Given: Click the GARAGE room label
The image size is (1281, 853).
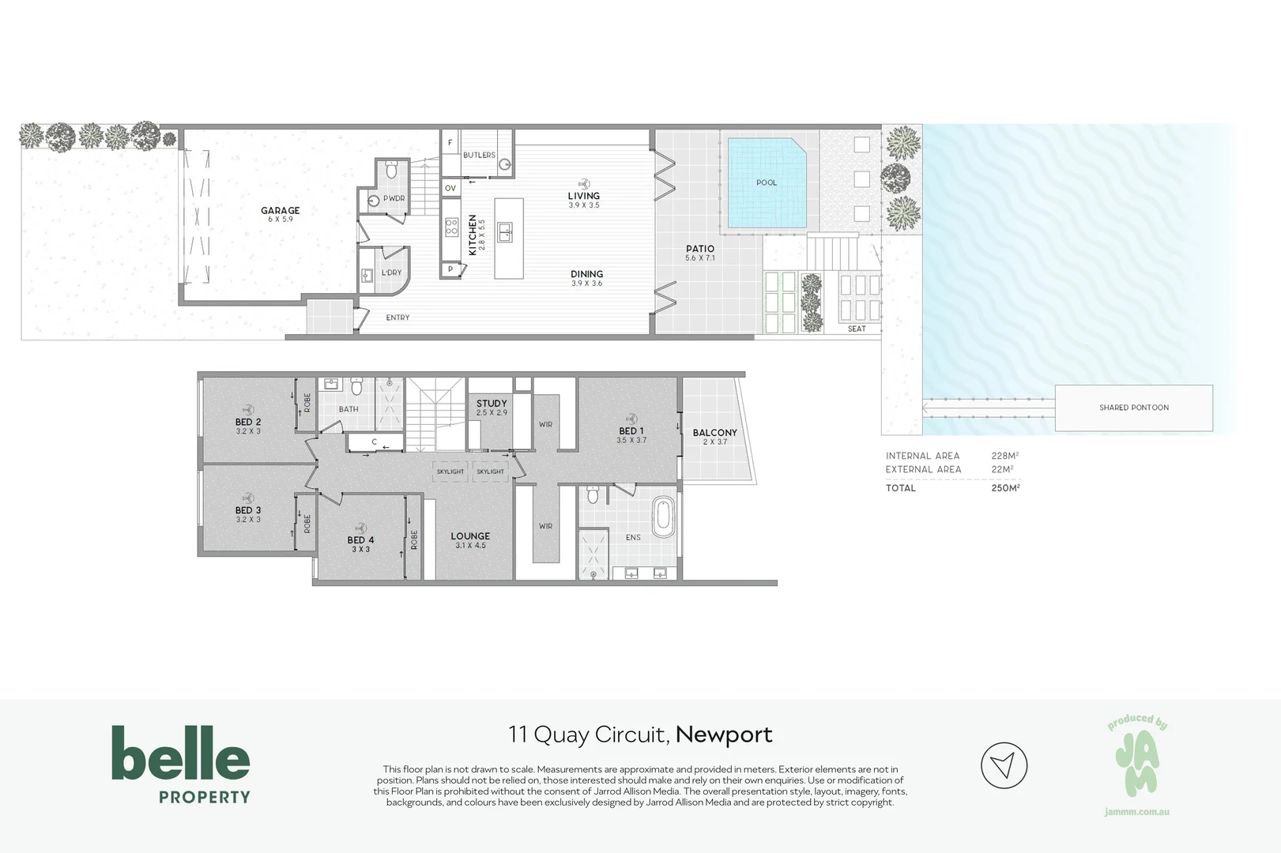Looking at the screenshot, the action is pyautogui.click(x=281, y=210).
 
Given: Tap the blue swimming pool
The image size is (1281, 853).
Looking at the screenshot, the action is pyautogui.click(x=767, y=183).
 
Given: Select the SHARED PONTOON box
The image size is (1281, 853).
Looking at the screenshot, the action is pyautogui.click(x=1133, y=408).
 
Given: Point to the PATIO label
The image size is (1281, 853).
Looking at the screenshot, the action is pyautogui.click(x=700, y=249).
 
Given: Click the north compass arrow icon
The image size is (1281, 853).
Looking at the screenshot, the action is pyautogui.click(x=1004, y=765).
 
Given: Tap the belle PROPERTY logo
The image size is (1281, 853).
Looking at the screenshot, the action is pyautogui.click(x=181, y=765).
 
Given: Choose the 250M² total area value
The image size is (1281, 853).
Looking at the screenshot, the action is pyautogui.click(x=1005, y=487).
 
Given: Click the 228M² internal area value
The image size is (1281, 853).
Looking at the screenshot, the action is pyautogui.click(x=1004, y=456).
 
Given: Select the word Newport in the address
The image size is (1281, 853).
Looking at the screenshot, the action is pyautogui.click(x=724, y=735).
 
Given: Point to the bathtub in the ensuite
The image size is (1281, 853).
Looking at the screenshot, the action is pyautogui.click(x=663, y=517).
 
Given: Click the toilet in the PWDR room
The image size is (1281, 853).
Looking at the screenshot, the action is pyautogui.click(x=392, y=170).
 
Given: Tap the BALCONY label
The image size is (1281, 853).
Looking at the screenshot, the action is pyautogui.click(x=715, y=433).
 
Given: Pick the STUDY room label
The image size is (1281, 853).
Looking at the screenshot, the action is pyautogui.click(x=492, y=404).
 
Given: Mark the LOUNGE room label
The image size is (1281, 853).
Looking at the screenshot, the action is pyautogui.click(x=470, y=536).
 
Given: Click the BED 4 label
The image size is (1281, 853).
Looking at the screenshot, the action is pyautogui.click(x=360, y=540).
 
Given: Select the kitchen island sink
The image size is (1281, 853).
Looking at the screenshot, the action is pyautogui.click(x=504, y=232).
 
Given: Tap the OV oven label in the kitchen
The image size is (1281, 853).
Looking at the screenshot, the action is pyautogui.click(x=450, y=188).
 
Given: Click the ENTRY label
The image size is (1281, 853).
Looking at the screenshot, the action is pyautogui.click(x=397, y=318).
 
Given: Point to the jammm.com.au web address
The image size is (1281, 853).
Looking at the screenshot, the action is pyautogui.click(x=1137, y=812).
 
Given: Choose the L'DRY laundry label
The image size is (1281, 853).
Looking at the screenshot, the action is pyautogui.click(x=392, y=272).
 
